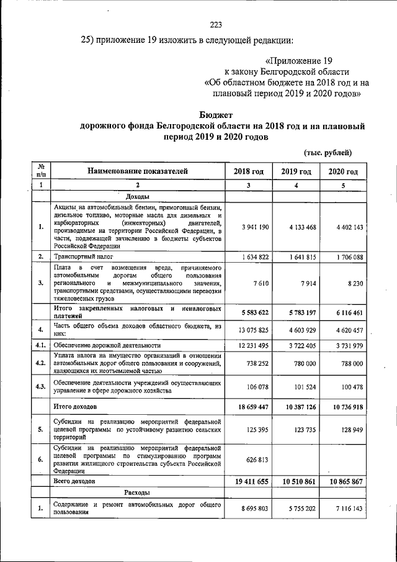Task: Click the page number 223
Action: [216, 25]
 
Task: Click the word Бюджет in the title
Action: [216, 114]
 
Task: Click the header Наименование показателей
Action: [137, 172]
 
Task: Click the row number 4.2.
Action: [40, 363]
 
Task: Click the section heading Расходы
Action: [138, 492]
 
